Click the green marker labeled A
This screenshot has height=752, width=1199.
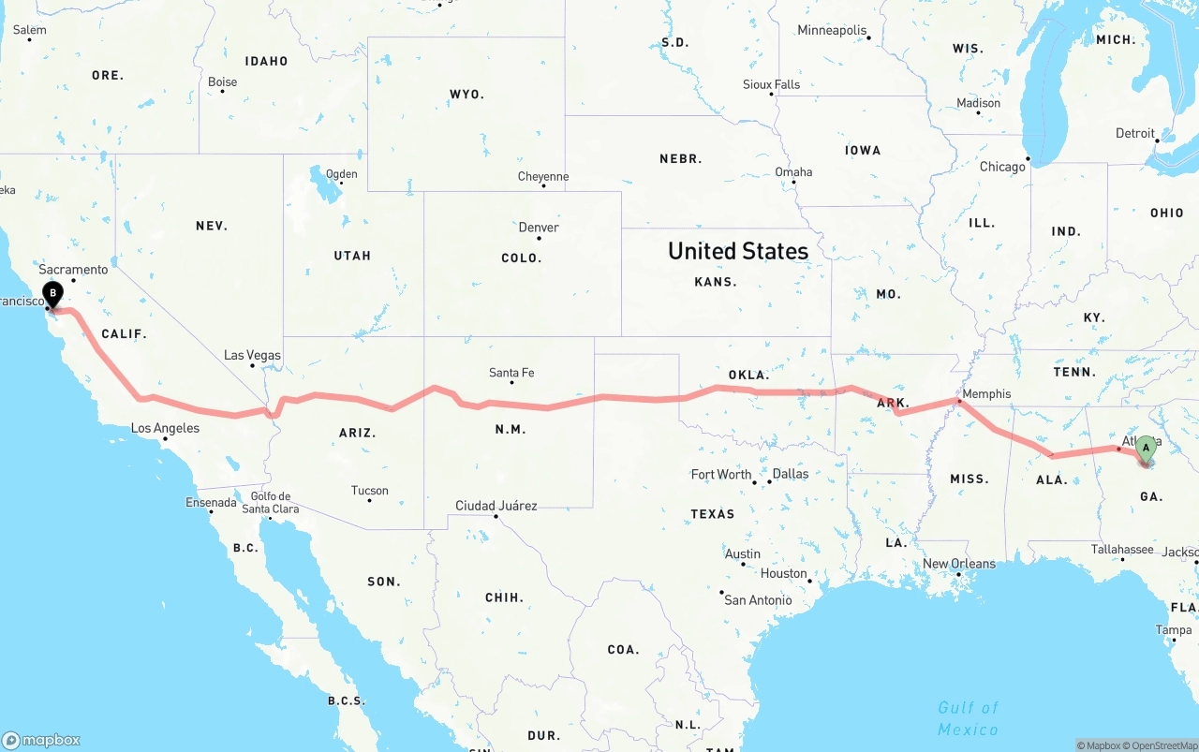pos(1145,449)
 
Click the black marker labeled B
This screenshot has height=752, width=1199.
pos(53,294)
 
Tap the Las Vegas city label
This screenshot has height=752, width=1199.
pos(252,355)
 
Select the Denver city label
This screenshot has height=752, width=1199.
pos(539,228)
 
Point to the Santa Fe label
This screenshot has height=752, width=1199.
pos(511,373)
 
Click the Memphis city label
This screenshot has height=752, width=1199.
pos(986,394)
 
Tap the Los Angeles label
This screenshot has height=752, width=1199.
pos(165,428)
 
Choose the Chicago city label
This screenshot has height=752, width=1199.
pos(1002,167)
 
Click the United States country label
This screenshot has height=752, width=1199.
pos(738,251)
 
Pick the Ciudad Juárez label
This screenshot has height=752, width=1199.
pos(496,506)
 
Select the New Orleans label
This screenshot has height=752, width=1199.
pos(960,564)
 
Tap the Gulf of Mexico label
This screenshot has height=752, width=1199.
pos(969,718)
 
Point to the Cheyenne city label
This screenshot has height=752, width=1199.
pos(543,176)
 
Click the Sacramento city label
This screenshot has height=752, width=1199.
pos(73,270)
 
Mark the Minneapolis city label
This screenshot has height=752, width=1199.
pos(832,30)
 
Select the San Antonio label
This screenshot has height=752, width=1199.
pos(758,599)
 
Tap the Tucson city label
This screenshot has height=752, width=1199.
pos(370,490)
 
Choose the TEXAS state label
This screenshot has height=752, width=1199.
pos(713,514)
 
